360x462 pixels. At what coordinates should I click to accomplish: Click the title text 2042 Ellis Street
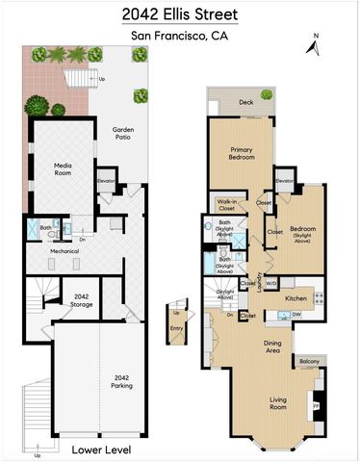(180, 14)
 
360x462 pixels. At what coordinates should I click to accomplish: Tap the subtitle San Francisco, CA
(180, 38)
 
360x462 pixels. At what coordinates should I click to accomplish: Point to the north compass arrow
(314, 44)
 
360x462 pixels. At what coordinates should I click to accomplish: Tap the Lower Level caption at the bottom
(101, 449)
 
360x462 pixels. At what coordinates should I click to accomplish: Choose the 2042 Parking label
(120, 381)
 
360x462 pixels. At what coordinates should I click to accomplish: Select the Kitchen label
(296, 299)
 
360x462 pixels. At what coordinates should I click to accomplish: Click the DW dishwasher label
(298, 314)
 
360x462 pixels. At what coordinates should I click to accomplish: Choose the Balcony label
(310, 361)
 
